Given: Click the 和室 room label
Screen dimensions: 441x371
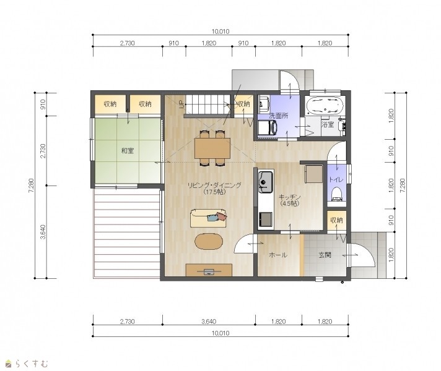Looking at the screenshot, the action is (x=128, y=151).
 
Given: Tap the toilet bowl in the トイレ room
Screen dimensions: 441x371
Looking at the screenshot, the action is (x=336, y=194).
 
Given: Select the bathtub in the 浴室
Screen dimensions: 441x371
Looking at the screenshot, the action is (x=325, y=105).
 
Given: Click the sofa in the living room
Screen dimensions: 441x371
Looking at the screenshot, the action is (x=208, y=218).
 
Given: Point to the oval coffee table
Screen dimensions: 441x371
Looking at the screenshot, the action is (x=209, y=241).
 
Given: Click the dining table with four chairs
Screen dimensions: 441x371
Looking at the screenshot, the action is (x=212, y=148).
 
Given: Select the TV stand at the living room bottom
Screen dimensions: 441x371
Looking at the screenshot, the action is (x=209, y=270).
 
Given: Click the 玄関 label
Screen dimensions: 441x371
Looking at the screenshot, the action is (x=325, y=255).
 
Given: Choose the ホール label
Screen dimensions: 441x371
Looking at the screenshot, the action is (x=278, y=255).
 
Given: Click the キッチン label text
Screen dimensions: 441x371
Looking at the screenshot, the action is (x=290, y=197).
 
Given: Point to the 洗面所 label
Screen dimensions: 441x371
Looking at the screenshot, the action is (x=279, y=116).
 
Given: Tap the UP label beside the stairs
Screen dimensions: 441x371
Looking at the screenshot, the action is (x=181, y=104).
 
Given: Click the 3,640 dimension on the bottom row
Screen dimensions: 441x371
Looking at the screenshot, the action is (x=209, y=322).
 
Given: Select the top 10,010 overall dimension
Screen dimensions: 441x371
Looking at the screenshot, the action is (x=220, y=32).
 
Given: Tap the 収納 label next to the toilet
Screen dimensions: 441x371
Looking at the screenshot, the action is (x=336, y=220).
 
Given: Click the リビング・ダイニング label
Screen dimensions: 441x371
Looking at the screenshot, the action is (x=214, y=185).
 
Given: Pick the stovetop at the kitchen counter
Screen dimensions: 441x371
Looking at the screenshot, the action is (x=265, y=219).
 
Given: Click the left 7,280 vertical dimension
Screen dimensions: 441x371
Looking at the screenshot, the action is (x=31, y=185).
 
